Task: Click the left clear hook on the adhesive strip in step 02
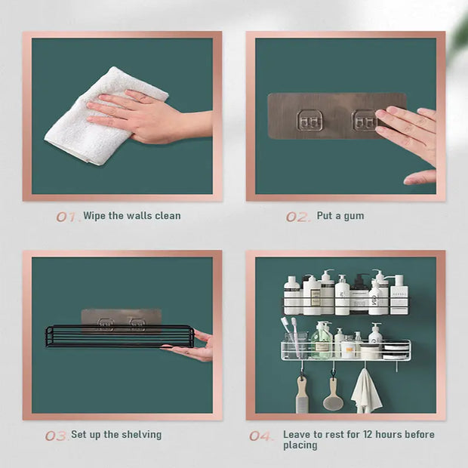(308, 120)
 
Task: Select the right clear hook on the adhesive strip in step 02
(365, 120)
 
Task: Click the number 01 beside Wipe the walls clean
(66, 217)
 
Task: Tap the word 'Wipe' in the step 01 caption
(95, 216)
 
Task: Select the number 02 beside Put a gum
(297, 217)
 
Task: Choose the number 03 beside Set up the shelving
(56, 436)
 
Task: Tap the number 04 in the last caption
(260, 436)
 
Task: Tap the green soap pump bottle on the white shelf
(323, 340)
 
